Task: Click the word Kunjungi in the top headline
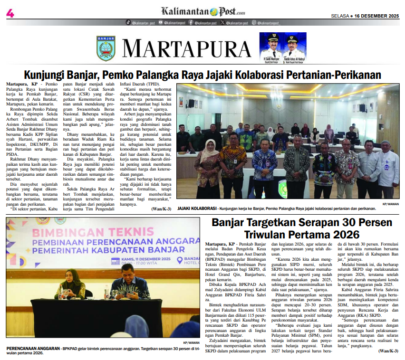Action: coord(48,75)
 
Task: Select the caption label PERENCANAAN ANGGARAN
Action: coord(31,348)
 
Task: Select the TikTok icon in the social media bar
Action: coord(128,22)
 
